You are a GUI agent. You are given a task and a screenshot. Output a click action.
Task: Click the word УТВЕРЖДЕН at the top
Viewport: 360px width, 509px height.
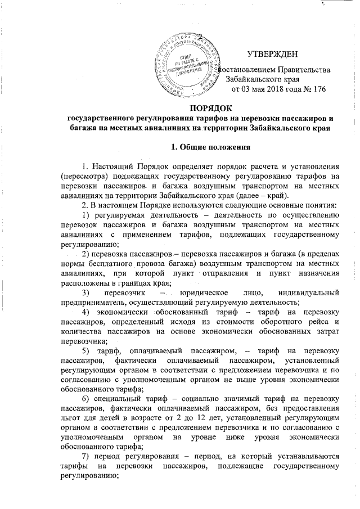(x=273, y=54)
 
